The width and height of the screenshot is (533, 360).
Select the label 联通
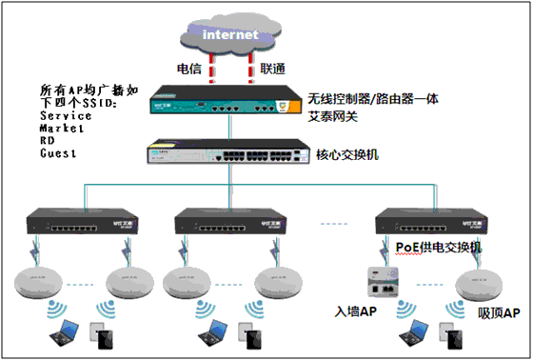click(275, 69)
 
